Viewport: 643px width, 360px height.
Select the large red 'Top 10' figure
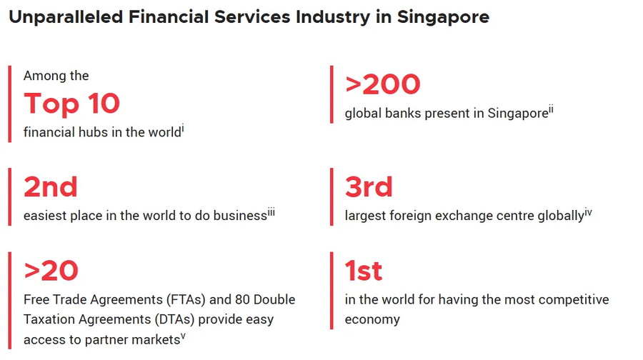(x=71, y=104)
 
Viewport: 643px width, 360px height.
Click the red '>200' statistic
(x=383, y=84)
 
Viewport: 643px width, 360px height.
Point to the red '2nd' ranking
(x=51, y=187)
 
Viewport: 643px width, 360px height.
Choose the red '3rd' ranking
(x=369, y=187)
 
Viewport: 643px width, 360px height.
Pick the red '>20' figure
(x=51, y=271)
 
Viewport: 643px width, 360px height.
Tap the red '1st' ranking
(x=364, y=271)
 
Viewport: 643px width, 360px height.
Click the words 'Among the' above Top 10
(x=56, y=76)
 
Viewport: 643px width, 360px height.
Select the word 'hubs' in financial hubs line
(x=93, y=133)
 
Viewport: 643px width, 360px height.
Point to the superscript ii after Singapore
(x=551, y=109)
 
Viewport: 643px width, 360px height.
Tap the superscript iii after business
(x=271, y=211)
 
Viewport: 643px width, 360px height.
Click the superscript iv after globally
(x=589, y=211)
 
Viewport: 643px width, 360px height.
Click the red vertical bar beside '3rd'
(x=332, y=196)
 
